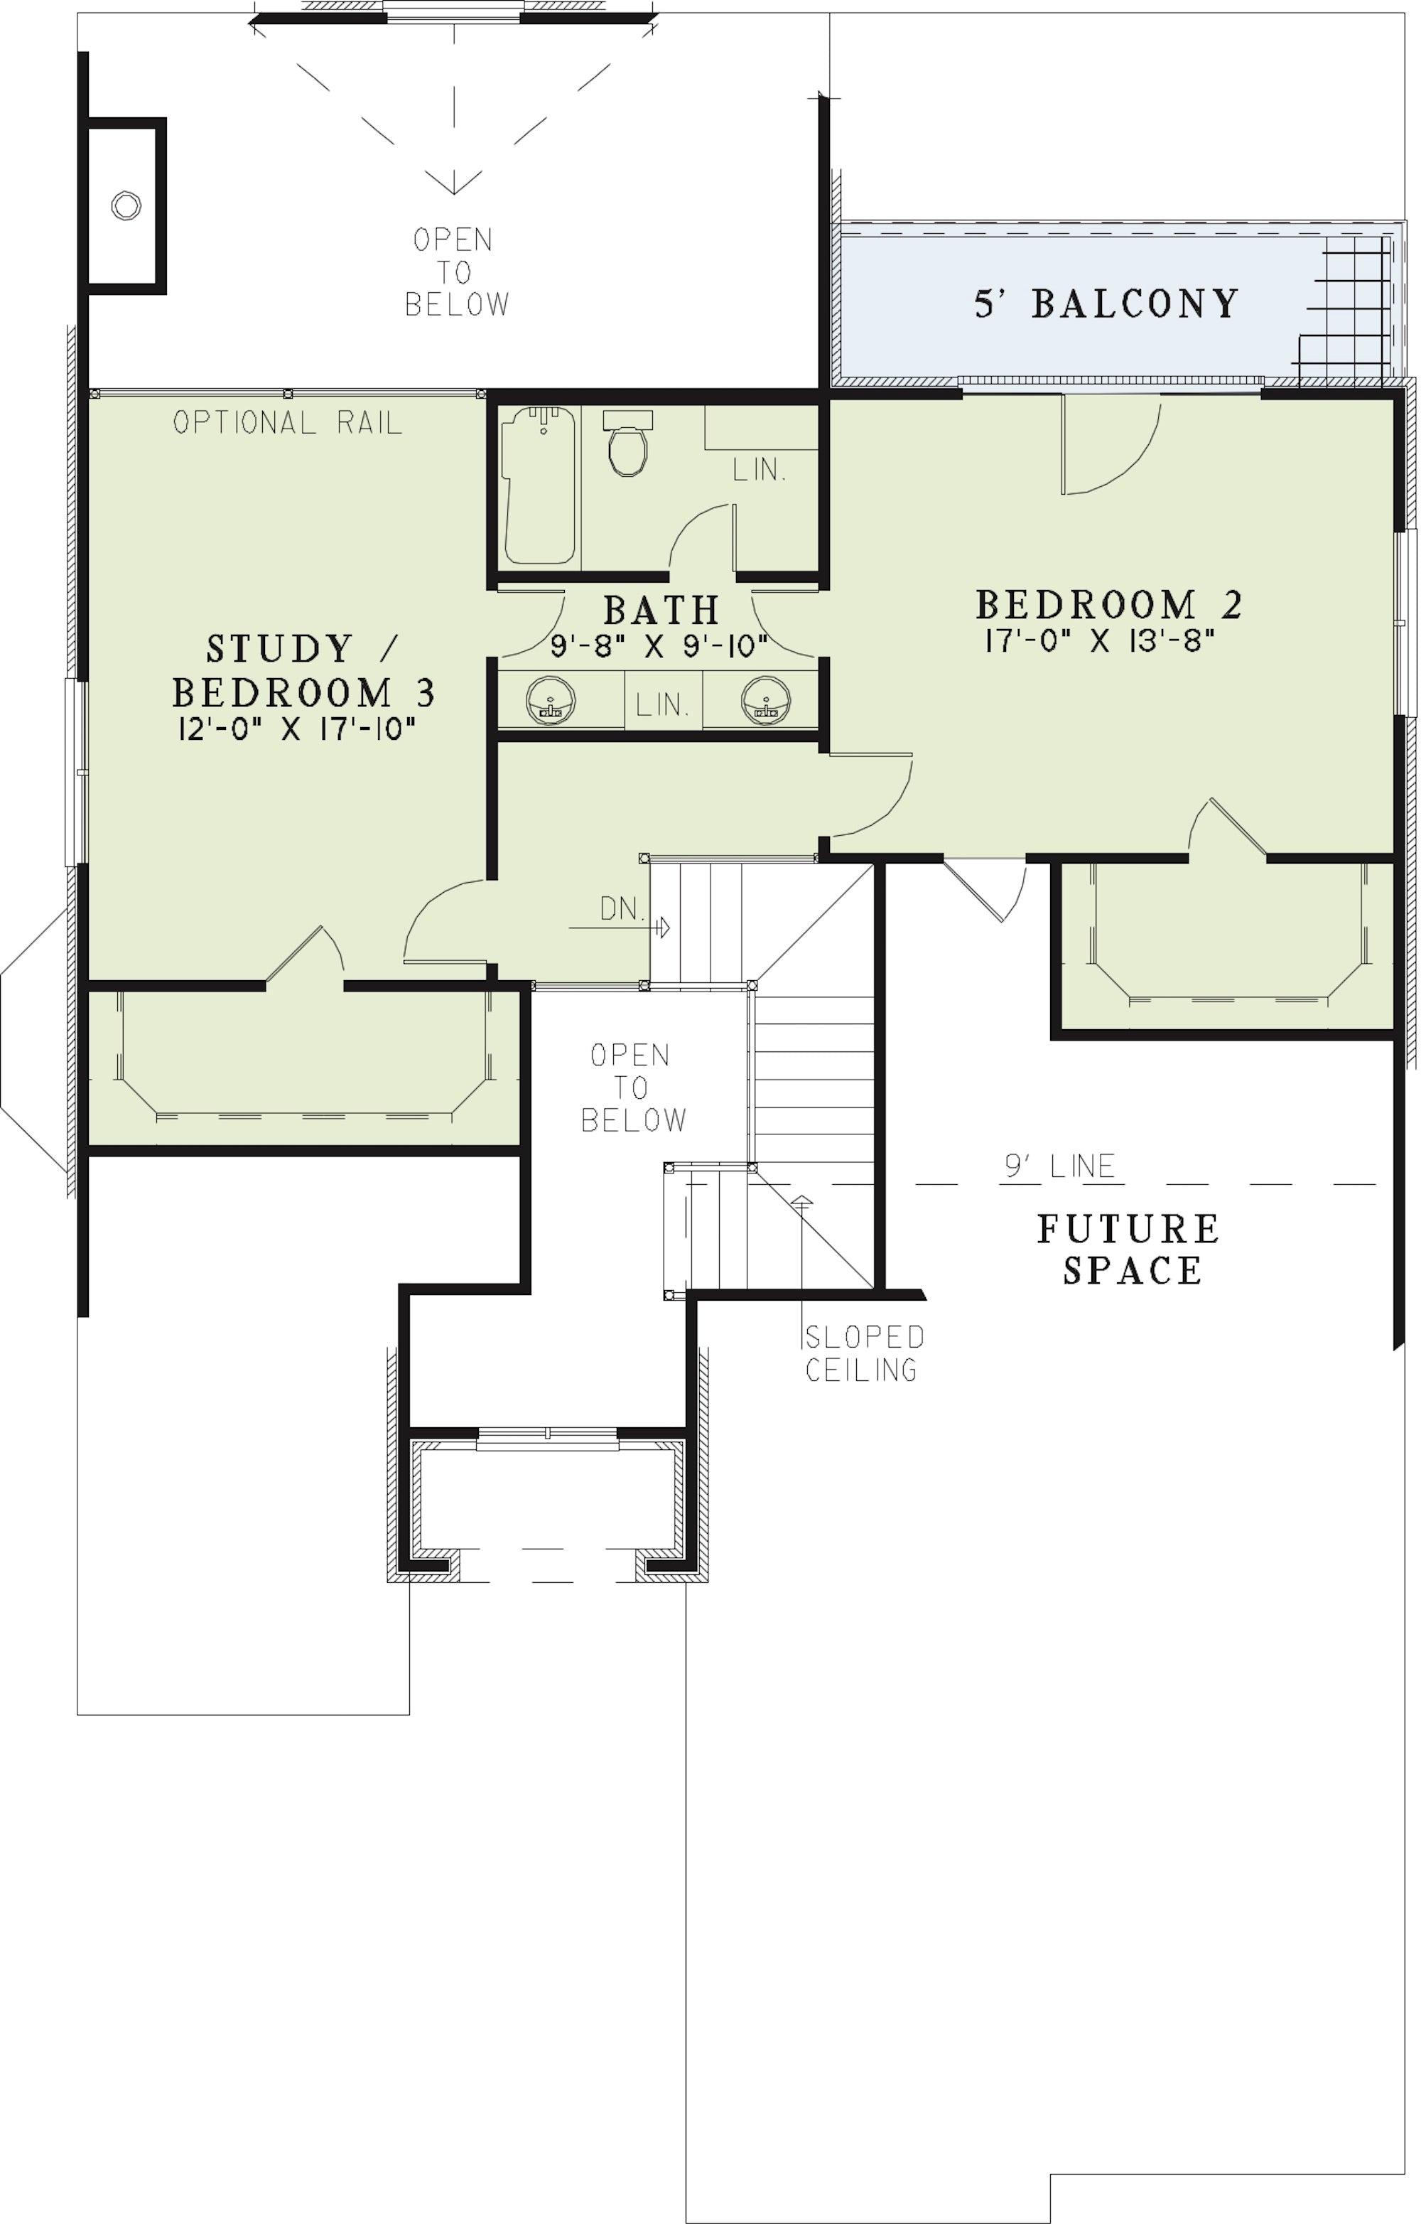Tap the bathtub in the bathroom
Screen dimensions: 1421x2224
coord(539,485)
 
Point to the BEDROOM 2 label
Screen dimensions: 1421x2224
coord(1109,605)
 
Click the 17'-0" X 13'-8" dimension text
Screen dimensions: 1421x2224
coord(1098,641)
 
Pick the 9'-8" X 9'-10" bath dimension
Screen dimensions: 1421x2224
coord(659,645)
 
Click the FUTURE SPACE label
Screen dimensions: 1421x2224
coord(1128,1250)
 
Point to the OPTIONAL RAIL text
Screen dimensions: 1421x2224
coord(287,423)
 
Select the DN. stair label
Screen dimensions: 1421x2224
coord(622,909)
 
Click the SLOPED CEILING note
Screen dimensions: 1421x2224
coord(863,1353)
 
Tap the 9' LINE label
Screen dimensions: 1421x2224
coord(1060,1166)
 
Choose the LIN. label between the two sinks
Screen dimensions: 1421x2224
coord(662,706)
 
